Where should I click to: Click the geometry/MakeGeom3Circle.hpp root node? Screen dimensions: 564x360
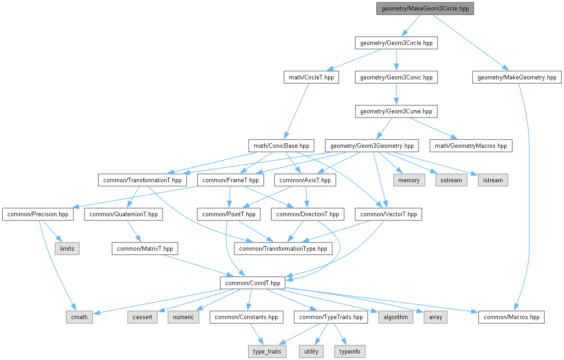(x=425, y=9)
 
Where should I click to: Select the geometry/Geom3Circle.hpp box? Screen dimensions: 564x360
(x=396, y=43)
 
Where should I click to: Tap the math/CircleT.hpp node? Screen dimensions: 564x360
(x=311, y=77)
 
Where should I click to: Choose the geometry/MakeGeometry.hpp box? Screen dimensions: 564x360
(x=517, y=77)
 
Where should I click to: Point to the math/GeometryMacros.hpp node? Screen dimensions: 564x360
(x=471, y=146)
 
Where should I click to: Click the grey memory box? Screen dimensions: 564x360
(x=409, y=180)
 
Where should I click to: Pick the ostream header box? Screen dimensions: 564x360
(x=451, y=180)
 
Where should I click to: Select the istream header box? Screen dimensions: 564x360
(x=493, y=180)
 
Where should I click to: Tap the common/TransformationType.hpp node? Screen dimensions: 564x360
(x=283, y=249)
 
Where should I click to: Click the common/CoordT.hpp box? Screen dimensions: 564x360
(x=252, y=283)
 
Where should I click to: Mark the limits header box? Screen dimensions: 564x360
(x=67, y=249)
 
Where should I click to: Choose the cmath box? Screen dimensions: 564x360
(x=79, y=317)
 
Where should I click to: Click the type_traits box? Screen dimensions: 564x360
(x=267, y=351)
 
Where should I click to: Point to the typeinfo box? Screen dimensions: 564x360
(x=350, y=351)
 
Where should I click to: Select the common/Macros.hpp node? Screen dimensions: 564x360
(x=511, y=317)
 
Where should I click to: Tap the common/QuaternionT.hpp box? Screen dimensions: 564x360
(x=123, y=214)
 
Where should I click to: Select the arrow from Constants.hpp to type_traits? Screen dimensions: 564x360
(x=257, y=334)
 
